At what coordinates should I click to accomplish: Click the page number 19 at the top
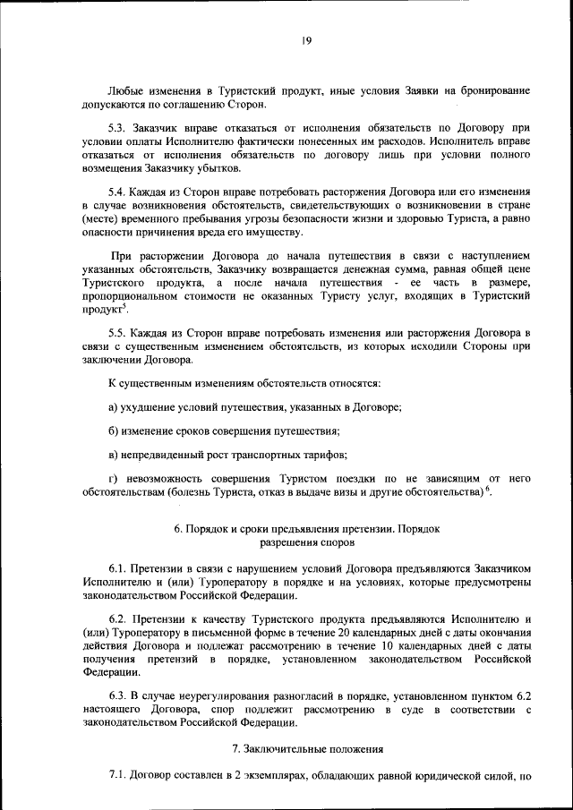tap(305, 39)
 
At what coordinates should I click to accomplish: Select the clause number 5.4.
tap(117, 192)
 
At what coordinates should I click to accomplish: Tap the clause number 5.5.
tap(117, 333)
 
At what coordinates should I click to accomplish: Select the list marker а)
tap(113, 408)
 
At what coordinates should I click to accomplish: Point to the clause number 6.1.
tap(117, 568)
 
